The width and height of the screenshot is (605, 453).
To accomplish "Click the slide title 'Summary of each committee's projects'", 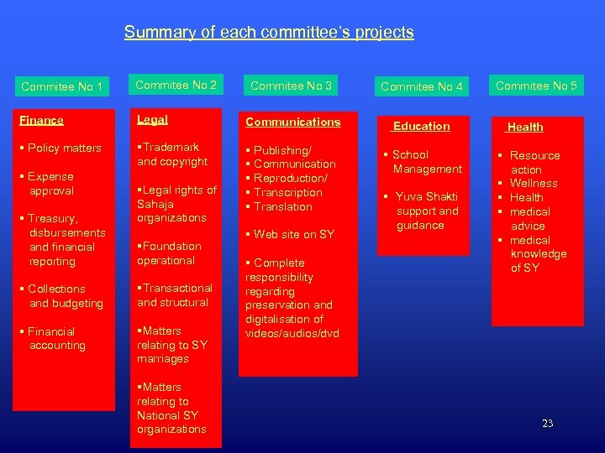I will tap(269, 33).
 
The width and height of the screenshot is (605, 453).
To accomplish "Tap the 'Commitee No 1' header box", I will tap(62, 86).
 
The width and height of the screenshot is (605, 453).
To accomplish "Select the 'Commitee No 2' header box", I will tap(176, 85).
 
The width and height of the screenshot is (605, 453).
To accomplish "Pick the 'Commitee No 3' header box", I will tap(291, 86).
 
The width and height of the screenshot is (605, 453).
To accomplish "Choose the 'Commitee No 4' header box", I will tap(422, 86).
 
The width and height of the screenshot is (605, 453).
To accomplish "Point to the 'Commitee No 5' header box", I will tap(536, 86).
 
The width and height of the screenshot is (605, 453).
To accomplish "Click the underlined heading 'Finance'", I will tap(41, 121).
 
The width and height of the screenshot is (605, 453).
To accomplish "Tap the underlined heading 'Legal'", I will tap(152, 120).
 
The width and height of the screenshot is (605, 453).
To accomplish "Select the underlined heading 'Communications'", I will tap(292, 122).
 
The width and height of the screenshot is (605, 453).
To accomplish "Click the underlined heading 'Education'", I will tap(421, 126).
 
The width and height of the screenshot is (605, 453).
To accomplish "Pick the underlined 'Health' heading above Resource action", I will tap(525, 128).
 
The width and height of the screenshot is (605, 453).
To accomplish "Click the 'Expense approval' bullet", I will tap(51, 184).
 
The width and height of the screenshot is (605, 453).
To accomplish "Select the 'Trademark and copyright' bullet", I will tap(172, 154).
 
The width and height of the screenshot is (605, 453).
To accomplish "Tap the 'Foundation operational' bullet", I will tap(169, 253).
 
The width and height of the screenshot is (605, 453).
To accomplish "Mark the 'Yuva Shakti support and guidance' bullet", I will tap(425, 211).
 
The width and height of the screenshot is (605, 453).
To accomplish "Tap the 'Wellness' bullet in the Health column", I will tap(534, 183).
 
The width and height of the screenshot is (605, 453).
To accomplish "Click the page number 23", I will tap(547, 424).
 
